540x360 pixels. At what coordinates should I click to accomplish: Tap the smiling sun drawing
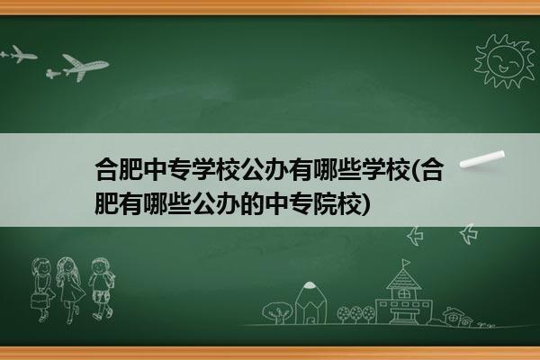pyautogui.click(x=504, y=61)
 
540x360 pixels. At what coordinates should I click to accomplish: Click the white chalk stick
pyautogui.click(x=482, y=159)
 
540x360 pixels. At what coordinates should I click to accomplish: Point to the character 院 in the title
pyautogui.click(x=324, y=204)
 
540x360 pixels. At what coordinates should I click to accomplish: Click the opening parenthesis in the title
pyautogui.click(x=415, y=170)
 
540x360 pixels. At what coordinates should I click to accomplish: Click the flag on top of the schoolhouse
pyautogui.click(x=406, y=263)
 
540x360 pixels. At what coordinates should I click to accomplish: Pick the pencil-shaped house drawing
pyautogui.click(x=310, y=302)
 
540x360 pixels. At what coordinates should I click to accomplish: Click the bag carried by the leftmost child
pyautogui.click(x=40, y=300)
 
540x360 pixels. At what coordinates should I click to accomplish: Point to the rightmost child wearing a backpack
pyautogui.click(x=101, y=288)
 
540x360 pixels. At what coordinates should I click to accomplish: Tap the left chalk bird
pyautogui.click(x=415, y=236)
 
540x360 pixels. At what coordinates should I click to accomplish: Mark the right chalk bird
pyautogui.click(x=469, y=233)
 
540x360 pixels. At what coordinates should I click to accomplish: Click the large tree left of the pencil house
pyautogui.click(x=277, y=312)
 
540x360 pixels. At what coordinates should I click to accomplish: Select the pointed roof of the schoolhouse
pyautogui.click(x=403, y=278)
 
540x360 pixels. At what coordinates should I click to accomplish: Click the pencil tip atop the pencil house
pyautogui.click(x=310, y=285)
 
